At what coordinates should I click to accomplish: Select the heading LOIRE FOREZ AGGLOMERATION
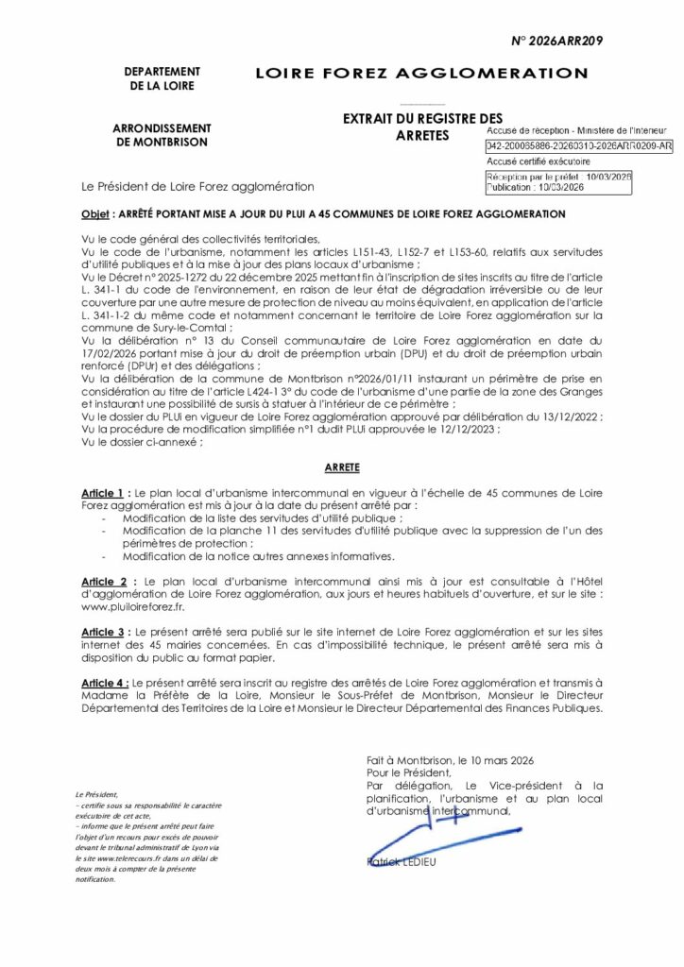tap(421, 74)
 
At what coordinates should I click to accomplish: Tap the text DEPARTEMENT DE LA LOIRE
tap(161, 78)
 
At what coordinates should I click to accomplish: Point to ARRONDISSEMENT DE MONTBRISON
tap(162, 134)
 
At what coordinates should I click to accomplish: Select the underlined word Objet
tap(97, 214)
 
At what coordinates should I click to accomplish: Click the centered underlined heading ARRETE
tap(341, 467)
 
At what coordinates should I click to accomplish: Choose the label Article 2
tap(104, 581)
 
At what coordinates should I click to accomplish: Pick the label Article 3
tap(103, 628)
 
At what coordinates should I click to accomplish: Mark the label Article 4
tap(104, 681)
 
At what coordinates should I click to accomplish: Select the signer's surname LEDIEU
tap(428, 861)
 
